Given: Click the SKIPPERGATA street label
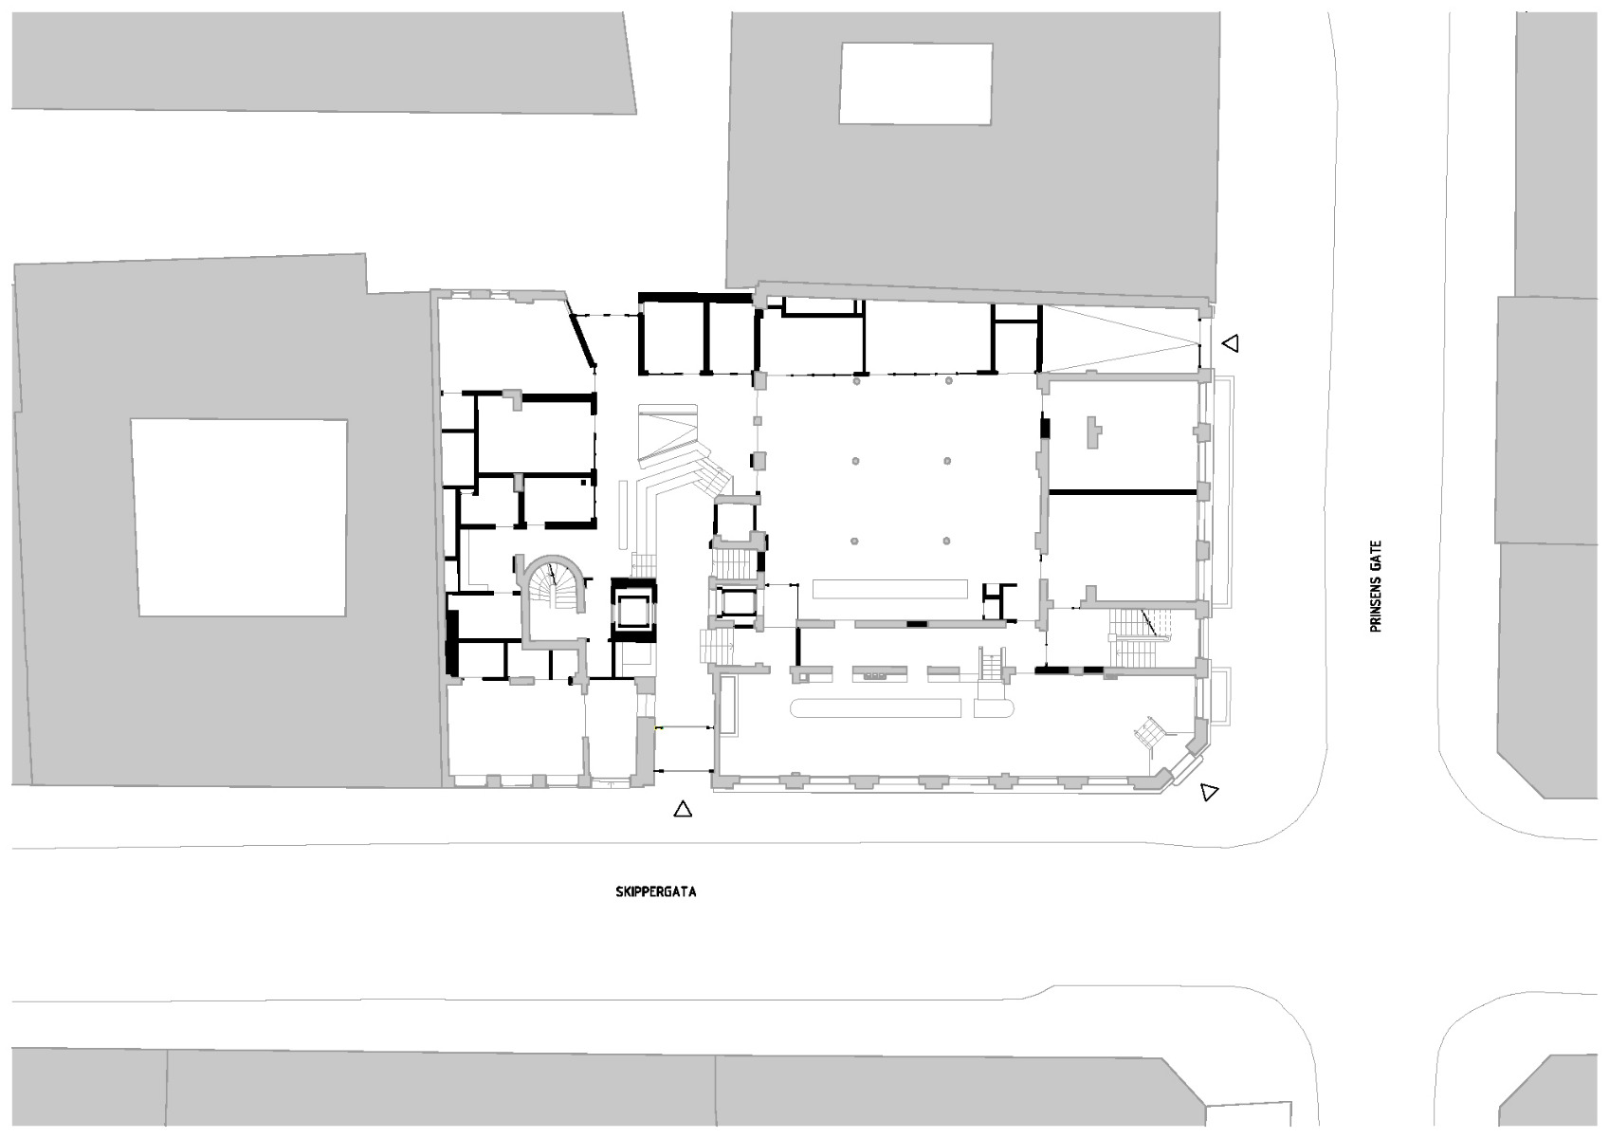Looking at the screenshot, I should (655, 892).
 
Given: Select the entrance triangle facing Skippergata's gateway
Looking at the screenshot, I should (682, 809).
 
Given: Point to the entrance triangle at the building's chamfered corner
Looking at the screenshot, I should (1209, 791).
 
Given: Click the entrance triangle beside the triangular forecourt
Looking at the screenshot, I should (1230, 343).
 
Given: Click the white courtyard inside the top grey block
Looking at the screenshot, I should (915, 83).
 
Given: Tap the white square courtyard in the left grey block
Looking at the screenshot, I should (240, 518).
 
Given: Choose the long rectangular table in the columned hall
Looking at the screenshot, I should (889, 590).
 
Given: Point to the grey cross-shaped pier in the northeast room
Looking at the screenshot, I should (1094, 431).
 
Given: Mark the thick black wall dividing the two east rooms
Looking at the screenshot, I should (1122, 492).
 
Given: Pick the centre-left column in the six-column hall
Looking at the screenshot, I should (855, 461).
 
